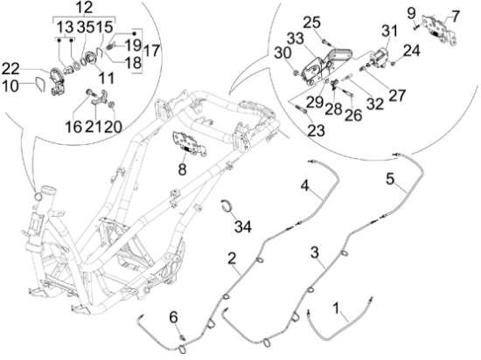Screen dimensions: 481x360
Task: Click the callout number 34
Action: point(243,227)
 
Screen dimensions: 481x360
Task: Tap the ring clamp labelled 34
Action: point(227,209)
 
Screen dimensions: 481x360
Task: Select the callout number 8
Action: point(182,169)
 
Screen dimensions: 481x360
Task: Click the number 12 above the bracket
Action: point(84,7)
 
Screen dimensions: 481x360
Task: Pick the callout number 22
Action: point(10,69)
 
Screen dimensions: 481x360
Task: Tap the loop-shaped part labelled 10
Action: point(40,84)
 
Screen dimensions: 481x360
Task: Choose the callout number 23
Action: point(316,130)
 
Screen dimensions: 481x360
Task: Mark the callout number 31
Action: point(389,31)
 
